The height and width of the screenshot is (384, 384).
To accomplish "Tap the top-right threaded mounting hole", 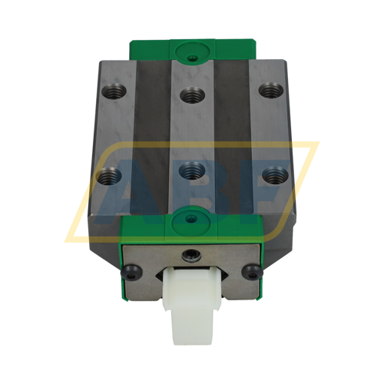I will tap(268, 90).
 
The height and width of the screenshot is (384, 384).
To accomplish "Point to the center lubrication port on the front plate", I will tap(190, 256).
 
